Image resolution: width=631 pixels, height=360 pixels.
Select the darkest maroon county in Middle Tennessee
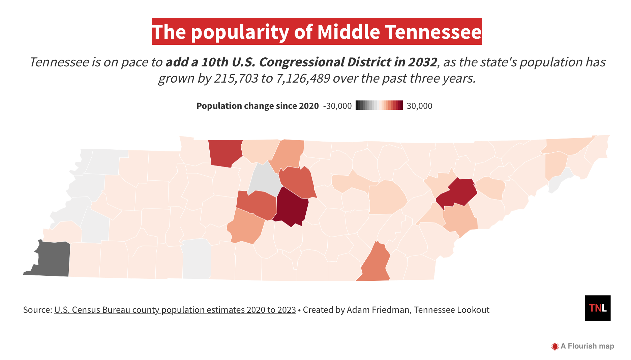click(291, 206)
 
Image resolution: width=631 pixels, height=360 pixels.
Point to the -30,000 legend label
click(337, 106)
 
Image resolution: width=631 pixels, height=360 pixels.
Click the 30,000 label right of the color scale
click(419, 106)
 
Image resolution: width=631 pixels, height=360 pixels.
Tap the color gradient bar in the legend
click(379, 106)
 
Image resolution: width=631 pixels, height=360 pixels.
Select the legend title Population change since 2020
click(258, 106)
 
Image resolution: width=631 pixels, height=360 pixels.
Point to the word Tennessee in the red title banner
click(433, 32)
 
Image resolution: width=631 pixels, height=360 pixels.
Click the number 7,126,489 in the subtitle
click(303, 78)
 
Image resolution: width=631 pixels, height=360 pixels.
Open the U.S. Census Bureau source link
click(175, 310)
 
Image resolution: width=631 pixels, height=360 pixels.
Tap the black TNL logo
click(598, 308)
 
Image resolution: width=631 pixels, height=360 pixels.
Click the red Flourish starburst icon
click(555, 346)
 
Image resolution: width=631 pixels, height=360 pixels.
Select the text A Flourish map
click(587, 346)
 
